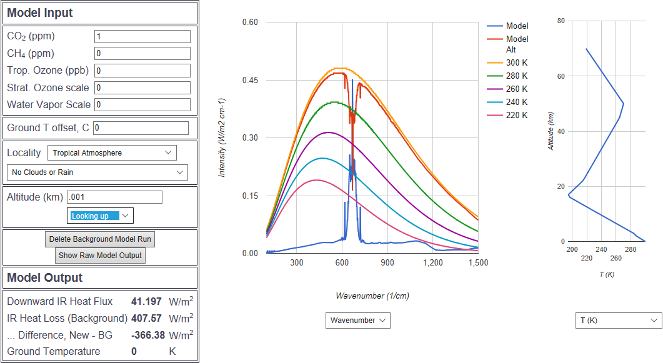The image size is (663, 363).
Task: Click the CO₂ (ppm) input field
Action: pos(142,37)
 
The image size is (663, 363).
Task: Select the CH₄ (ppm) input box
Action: pos(142,54)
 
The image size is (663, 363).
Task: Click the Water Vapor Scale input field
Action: pos(142,104)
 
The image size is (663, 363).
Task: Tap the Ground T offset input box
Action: pos(140,128)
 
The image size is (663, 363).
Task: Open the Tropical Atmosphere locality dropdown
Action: pos(112,152)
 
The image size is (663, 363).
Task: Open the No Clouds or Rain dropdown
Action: pos(97,172)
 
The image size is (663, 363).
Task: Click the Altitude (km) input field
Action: pos(114,197)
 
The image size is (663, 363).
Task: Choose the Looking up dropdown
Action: pos(100,216)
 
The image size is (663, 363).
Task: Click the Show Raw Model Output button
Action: pos(100,255)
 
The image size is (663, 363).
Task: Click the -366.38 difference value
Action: pos(144,336)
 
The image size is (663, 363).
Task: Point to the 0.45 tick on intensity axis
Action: pos(250,80)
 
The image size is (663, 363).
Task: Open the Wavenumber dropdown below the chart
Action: pos(357,321)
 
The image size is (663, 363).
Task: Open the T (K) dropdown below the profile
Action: pos(618,321)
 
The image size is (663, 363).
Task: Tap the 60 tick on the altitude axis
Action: pos(561,76)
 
